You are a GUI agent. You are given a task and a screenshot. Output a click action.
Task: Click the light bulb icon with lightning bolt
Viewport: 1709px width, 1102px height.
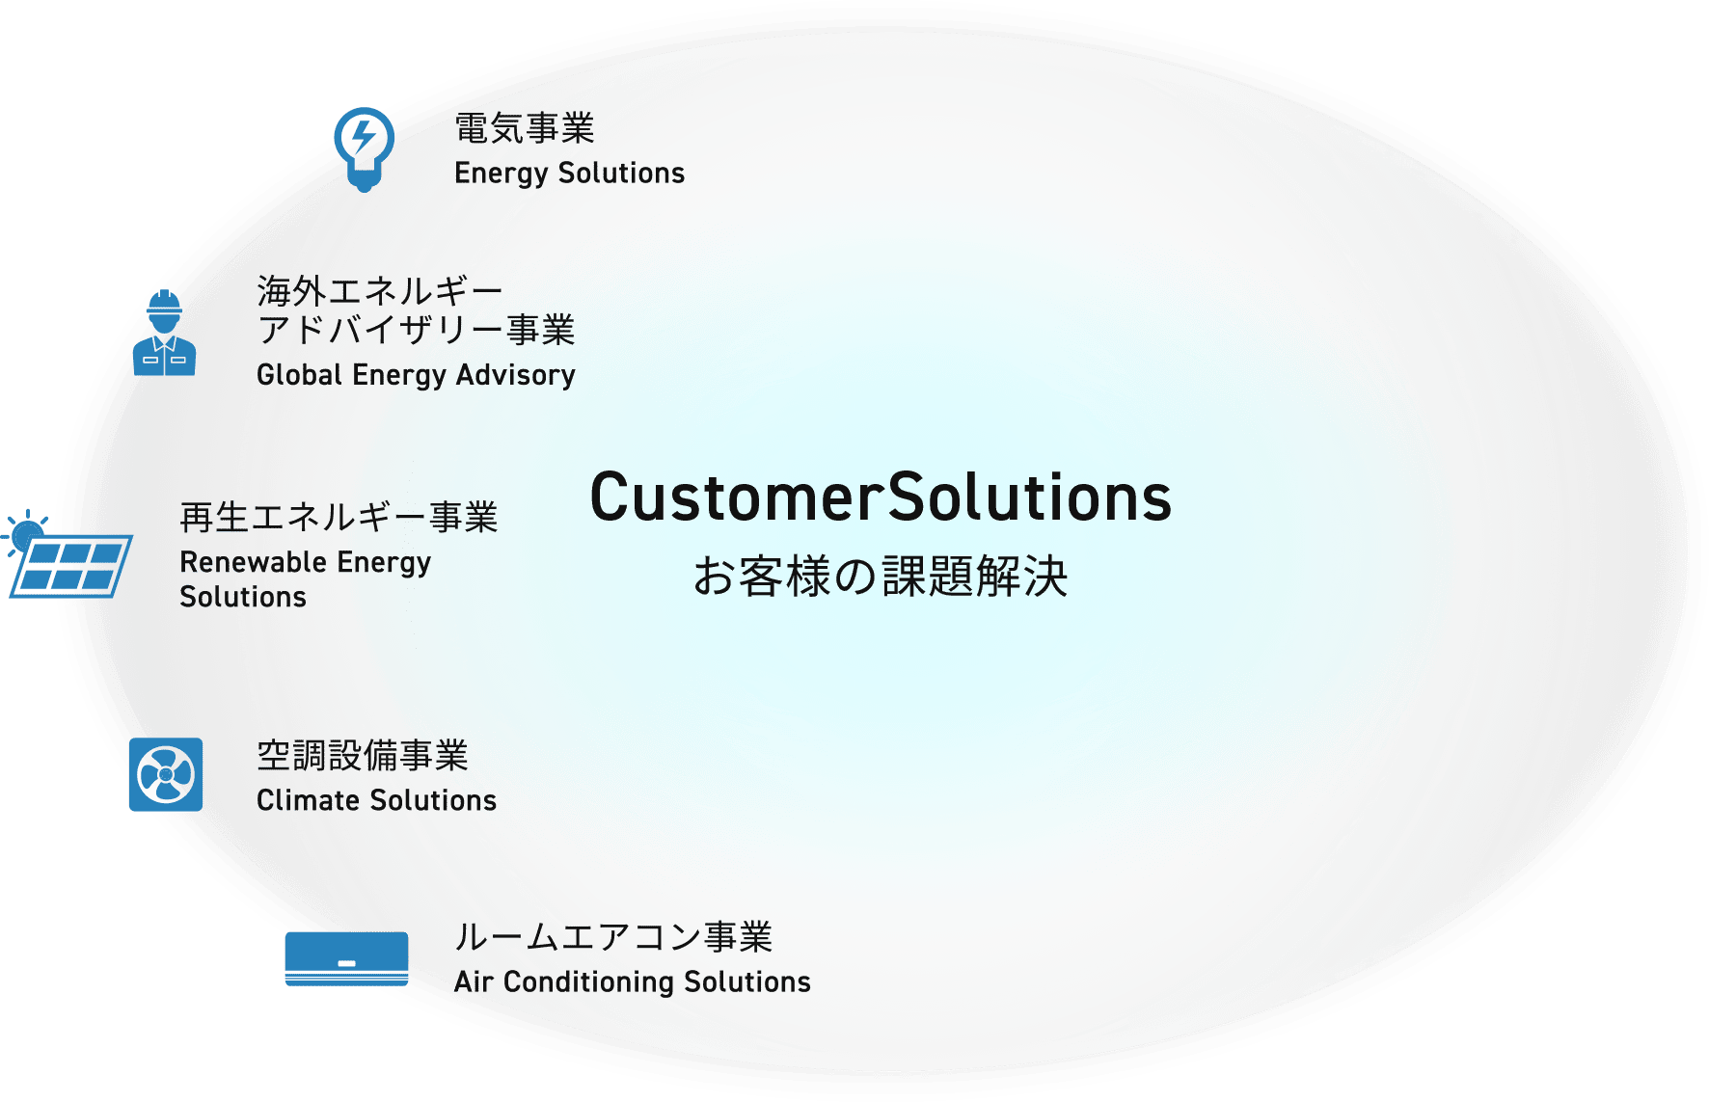364,148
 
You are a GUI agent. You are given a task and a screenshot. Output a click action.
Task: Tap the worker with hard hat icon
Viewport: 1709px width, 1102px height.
164,334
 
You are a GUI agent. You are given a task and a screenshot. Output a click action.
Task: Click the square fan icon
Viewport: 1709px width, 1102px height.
166,774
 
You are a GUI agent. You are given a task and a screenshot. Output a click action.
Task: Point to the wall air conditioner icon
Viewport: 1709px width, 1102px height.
346,958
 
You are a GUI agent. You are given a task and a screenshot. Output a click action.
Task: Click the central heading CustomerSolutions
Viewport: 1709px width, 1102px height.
881,498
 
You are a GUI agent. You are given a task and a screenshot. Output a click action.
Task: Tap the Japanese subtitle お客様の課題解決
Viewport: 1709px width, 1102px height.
881,577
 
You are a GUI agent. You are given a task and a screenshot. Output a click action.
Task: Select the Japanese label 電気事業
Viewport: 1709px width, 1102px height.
525,128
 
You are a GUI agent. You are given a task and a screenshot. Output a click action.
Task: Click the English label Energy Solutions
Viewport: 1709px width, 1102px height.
569,174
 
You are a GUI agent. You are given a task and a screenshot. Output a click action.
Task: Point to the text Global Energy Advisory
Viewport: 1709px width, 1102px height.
416,375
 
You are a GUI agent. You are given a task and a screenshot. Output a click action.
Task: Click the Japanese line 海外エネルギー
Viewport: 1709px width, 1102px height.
380,290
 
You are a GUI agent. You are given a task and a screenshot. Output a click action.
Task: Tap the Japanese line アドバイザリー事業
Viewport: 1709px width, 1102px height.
416,331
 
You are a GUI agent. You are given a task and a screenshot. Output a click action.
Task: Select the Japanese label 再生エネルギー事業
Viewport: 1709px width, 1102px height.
339,518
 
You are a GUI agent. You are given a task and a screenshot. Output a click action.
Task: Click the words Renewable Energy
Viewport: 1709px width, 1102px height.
305,563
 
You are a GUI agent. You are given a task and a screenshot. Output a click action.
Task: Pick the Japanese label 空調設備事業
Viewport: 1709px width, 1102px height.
363,756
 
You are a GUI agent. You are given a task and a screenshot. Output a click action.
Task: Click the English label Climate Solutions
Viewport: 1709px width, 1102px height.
376,801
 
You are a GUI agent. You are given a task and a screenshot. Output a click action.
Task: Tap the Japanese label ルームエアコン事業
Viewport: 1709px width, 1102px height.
613,937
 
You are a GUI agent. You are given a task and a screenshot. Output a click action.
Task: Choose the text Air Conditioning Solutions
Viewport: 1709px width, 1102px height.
633,982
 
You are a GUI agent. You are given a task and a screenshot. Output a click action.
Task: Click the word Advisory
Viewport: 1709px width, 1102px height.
516,375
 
